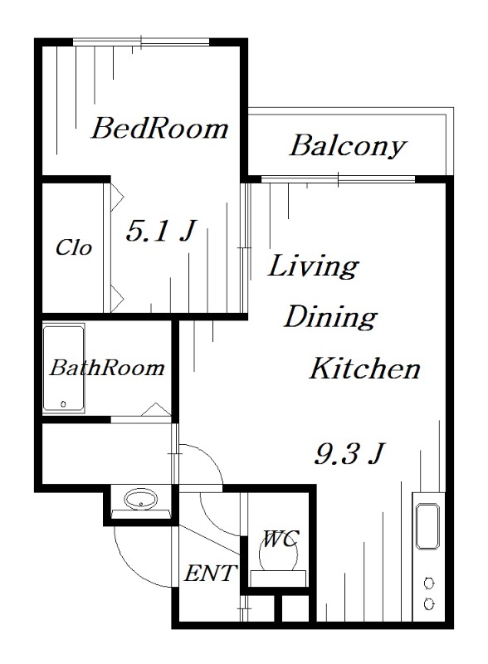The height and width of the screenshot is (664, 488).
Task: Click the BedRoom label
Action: (159, 129)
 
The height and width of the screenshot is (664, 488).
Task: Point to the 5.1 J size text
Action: (159, 231)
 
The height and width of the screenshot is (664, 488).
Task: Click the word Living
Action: (313, 266)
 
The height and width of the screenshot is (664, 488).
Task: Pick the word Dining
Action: (331, 316)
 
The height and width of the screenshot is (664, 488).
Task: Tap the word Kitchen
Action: (364, 369)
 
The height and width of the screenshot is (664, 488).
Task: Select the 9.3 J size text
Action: (349, 453)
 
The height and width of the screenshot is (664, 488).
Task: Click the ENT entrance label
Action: (212, 573)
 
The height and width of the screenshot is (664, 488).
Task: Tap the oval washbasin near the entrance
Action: (140, 500)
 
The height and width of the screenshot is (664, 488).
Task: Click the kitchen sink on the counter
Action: (429, 525)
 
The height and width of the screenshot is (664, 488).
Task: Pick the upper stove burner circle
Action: (429, 581)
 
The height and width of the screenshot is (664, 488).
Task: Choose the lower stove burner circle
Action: (429, 604)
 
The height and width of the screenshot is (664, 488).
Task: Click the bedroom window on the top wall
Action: (140, 41)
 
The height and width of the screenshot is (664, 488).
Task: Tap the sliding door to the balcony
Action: (338, 178)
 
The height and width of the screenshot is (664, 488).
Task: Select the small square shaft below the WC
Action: (295, 608)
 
